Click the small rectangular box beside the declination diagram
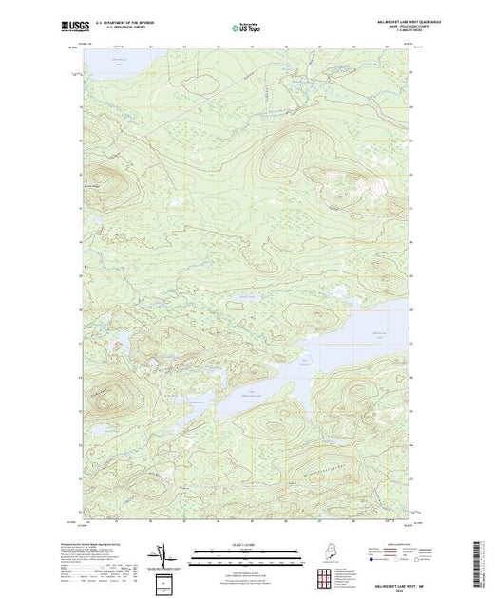tap(164, 581)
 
